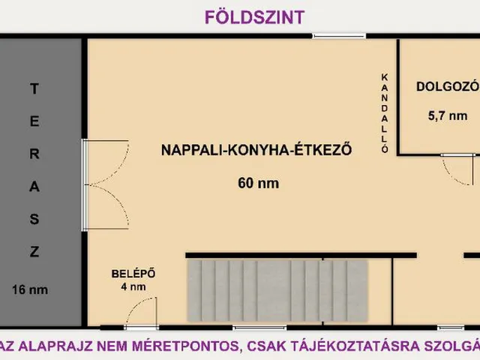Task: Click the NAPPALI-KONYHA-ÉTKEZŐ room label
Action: [x=256, y=149]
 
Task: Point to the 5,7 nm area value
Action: [x=447, y=116]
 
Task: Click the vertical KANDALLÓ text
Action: [x=385, y=112]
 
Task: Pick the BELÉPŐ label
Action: [x=133, y=273]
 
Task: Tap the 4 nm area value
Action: [x=133, y=286]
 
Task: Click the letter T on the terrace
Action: [x=33, y=88]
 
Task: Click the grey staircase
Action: [x=277, y=289]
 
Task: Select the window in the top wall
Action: [x=340, y=36]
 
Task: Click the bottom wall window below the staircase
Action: [x=259, y=328]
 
